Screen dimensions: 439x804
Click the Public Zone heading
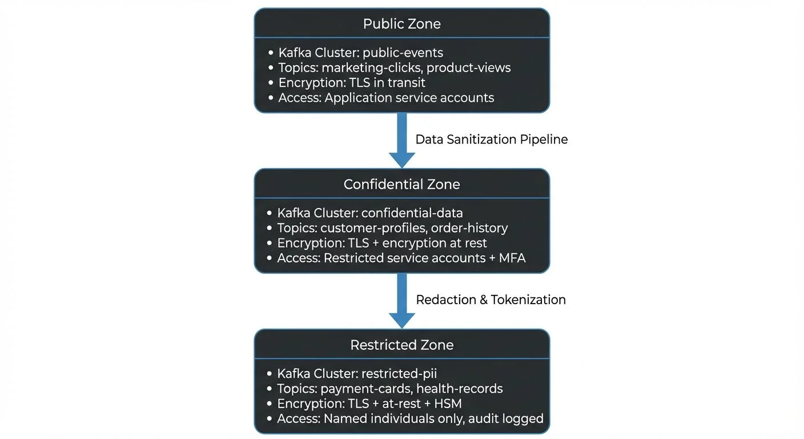point(401,24)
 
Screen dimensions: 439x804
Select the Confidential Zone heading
point(401,184)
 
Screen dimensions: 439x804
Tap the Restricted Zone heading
point(401,345)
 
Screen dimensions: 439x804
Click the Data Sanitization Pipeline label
point(491,139)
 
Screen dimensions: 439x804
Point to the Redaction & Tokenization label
point(491,300)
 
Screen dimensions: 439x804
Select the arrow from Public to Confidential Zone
point(402,140)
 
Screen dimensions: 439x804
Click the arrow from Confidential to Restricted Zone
point(402,300)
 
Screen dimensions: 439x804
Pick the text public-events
point(403,53)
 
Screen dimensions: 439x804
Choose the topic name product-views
point(468,67)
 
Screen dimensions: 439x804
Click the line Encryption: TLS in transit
point(352,82)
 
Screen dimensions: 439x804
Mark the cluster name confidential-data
point(412,213)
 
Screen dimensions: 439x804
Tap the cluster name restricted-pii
point(399,373)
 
